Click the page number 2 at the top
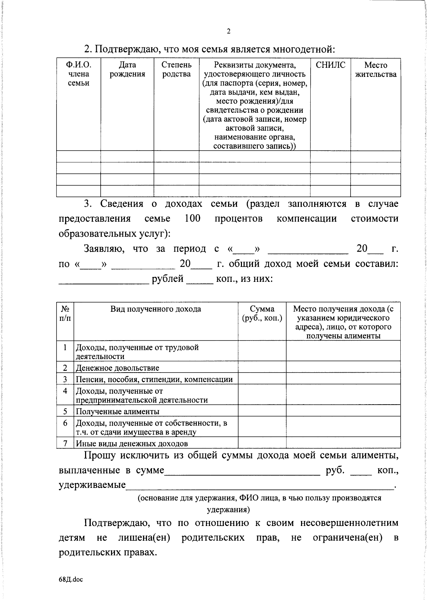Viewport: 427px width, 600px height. click(229, 31)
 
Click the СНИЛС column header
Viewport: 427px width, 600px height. click(330, 65)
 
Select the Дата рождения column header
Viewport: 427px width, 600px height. click(127, 69)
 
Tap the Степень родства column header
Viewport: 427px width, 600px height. click(176, 69)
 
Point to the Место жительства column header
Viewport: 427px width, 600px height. click(376, 69)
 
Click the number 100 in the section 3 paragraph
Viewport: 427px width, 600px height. click(193, 218)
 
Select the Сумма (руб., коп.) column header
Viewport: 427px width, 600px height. click(262, 314)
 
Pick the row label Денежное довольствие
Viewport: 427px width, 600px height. click(117, 368)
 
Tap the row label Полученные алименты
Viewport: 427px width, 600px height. click(117, 411)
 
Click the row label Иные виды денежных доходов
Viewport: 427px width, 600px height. click(132, 443)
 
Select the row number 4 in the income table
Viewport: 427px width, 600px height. click(65, 391)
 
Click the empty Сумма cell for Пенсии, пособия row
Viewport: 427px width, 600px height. click(262, 379)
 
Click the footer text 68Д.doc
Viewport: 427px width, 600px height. click(71, 579)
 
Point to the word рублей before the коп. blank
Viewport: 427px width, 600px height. click(168, 278)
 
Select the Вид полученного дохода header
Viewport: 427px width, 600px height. click(155, 309)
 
